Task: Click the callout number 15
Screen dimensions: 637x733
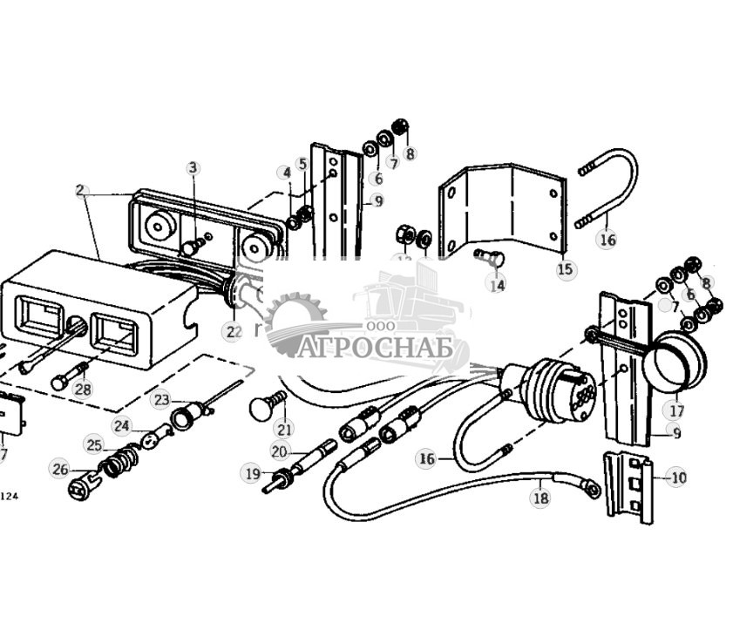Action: tap(566, 269)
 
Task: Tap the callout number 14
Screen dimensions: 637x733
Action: tap(497, 284)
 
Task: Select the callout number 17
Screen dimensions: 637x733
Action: tap(676, 410)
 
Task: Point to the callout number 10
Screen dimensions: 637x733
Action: tap(677, 477)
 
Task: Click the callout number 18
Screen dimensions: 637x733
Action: tap(540, 498)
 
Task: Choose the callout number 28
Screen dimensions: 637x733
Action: tap(83, 390)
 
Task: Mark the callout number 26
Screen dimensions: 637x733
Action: tap(59, 470)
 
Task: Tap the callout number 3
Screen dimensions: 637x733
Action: tap(193, 167)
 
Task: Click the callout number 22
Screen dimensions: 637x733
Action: tap(232, 331)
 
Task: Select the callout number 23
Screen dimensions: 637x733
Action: tap(160, 400)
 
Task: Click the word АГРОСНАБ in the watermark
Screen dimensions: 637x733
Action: tap(380, 348)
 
